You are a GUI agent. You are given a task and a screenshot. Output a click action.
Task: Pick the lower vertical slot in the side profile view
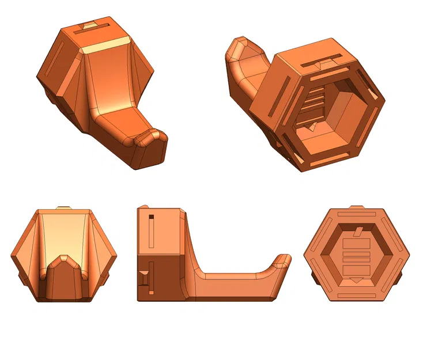pos(151,277)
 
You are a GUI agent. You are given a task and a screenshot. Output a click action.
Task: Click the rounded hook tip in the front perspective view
pos(152,138)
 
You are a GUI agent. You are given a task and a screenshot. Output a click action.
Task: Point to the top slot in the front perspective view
pos(95,27)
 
